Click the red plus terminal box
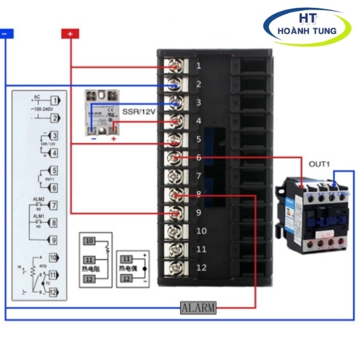point(70,34)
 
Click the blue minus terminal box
point(5,34)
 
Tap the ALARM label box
point(197,308)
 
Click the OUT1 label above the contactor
point(320,164)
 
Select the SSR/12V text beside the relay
point(138,112)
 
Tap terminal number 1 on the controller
point(198,65)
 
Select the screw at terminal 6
point(175,158)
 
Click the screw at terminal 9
point(175,213)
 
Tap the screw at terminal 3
point(175,103)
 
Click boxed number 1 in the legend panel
point(55,100)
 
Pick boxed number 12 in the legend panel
point(53,292)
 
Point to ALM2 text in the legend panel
point(38,203)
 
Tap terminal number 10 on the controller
point(201,231)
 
